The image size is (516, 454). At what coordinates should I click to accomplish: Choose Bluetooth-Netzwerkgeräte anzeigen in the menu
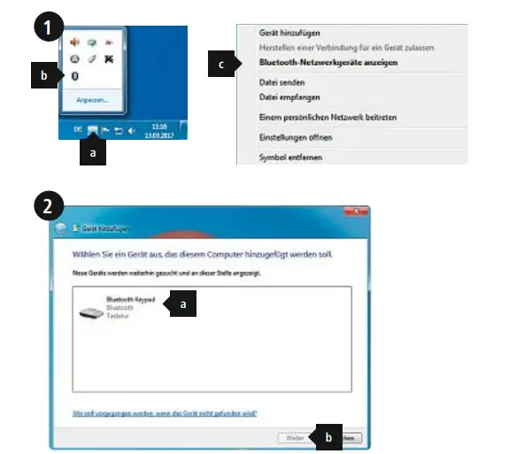328,63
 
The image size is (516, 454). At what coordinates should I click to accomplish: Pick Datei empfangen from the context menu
289,96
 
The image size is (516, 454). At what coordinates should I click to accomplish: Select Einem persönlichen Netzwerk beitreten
327,117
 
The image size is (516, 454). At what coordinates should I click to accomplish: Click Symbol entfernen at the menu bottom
290,158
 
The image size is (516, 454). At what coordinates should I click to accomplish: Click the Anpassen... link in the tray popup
92,100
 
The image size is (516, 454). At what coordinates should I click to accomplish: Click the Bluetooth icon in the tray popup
74,76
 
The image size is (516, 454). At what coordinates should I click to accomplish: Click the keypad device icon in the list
90,311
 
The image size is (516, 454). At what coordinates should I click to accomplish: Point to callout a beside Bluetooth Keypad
183,304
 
